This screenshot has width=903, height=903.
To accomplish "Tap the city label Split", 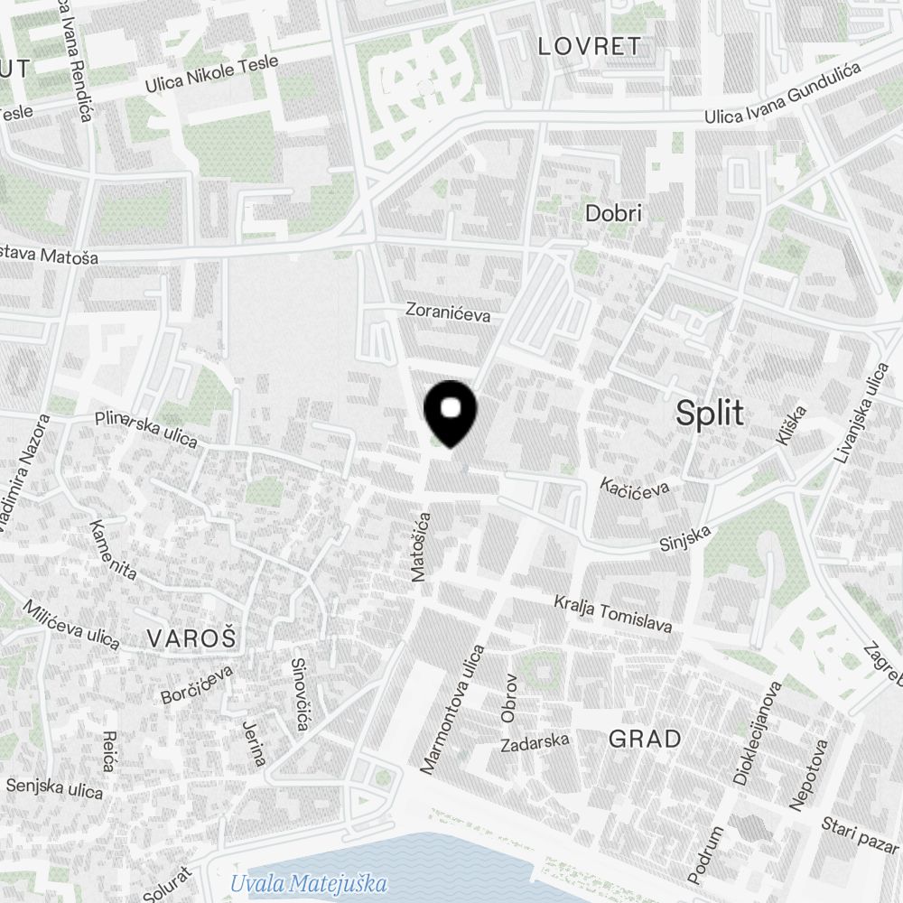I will click(x=711, y=414).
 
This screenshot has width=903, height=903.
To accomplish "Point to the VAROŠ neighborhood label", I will click(x=191, y=638).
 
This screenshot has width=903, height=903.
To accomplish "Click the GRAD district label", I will click(x=645, y=739).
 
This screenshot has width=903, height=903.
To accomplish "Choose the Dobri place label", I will click(x=613, y=214).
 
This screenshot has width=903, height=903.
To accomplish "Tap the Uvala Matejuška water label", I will click(x=309, y=883).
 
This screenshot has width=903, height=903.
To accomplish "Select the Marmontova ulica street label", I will click(x=452, y=709).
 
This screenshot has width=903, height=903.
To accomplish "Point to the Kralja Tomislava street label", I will click(x=613, y=614).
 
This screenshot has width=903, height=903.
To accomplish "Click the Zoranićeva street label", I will click(x=448, y=314).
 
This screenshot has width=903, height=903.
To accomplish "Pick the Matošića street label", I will click(x=421, y=545).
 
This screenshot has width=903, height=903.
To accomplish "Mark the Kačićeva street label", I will click(x=636, y=488).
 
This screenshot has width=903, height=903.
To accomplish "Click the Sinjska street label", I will click(x=685, y=540).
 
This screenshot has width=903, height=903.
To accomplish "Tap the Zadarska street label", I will click(x=535, y=742).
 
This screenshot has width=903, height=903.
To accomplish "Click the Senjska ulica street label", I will click(x=55, y=787).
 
